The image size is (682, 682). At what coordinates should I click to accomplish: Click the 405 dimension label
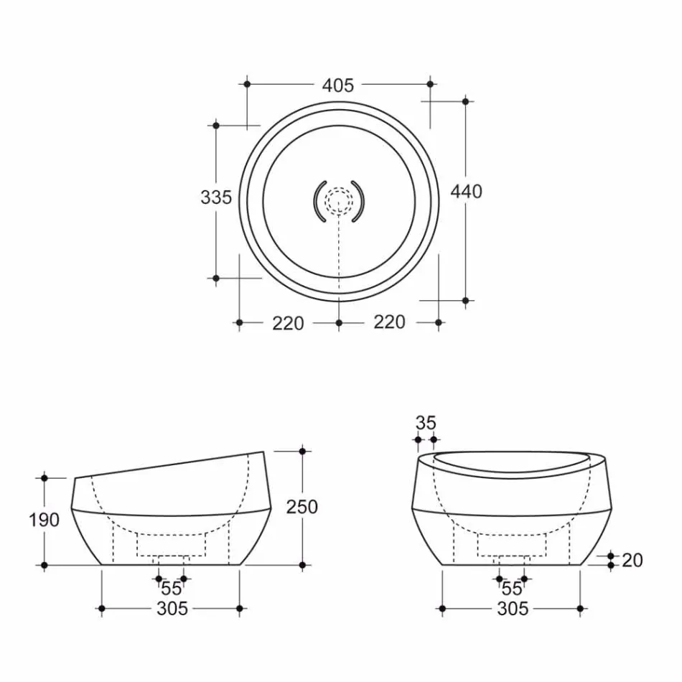[337, 85]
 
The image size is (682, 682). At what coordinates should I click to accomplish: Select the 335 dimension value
[216, 197]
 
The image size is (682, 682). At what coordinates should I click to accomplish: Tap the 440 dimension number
[466, 192]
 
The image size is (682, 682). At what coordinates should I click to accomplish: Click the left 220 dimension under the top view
[288, 323]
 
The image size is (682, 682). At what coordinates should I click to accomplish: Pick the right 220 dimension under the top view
[389, 322]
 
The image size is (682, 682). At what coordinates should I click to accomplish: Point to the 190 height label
[45, 520]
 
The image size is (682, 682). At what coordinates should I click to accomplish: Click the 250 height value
[302, 507]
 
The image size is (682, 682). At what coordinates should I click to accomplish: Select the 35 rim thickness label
[426, 424]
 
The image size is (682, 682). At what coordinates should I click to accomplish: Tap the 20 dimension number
[632, 560]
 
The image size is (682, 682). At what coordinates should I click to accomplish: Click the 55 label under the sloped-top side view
[171, 589]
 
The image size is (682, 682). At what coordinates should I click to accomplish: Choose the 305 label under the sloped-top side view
[172, 609]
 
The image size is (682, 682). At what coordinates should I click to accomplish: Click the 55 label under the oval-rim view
[511, 589]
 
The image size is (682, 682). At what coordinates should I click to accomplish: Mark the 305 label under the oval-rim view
[512, 609]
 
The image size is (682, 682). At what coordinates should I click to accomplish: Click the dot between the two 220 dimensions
[339, 323]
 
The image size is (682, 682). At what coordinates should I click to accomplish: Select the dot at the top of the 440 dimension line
[465, 101]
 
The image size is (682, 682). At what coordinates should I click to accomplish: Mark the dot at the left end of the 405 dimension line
[247, 84]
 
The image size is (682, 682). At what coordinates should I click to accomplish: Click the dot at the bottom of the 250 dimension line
[302, 566]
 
